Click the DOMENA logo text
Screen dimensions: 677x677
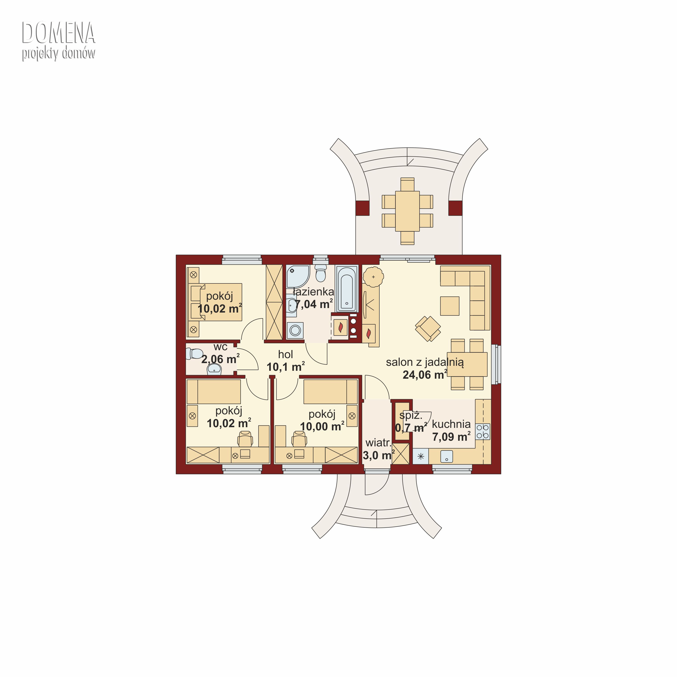tap(58, 33)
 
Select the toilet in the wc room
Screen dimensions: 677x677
tap(195, 354)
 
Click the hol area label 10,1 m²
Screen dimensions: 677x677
tap(286, 367)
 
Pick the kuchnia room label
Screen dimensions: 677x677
tap(451, 424)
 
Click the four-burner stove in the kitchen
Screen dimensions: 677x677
tap(482, 431)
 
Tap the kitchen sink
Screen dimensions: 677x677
tap(446, 456)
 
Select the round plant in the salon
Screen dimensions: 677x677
tap(373, 277)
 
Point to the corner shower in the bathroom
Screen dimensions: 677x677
tap(297, 276)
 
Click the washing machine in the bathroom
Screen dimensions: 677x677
tap(295, 330)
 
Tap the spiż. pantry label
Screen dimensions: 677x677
tap(411, 416)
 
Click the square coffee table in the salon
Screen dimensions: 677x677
tap(450, 306)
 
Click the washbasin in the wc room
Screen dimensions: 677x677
tap(214, 369)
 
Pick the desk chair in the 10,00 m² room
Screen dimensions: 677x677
tap(299, 439)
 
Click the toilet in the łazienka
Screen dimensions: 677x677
tap(321, 273)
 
